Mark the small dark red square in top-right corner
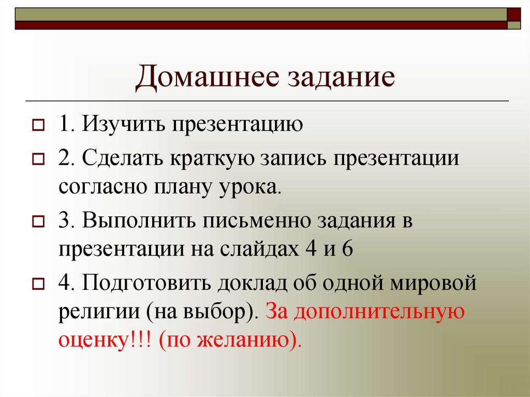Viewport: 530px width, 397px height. coord(514,14)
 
